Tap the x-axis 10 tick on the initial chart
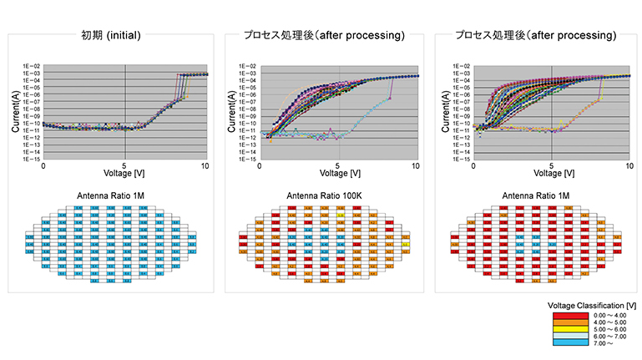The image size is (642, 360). click(x=205, y=167)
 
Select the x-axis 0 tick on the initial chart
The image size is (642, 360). click(x=43, y=167)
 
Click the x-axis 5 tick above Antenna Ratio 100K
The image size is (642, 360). click(x=338, y=166)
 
